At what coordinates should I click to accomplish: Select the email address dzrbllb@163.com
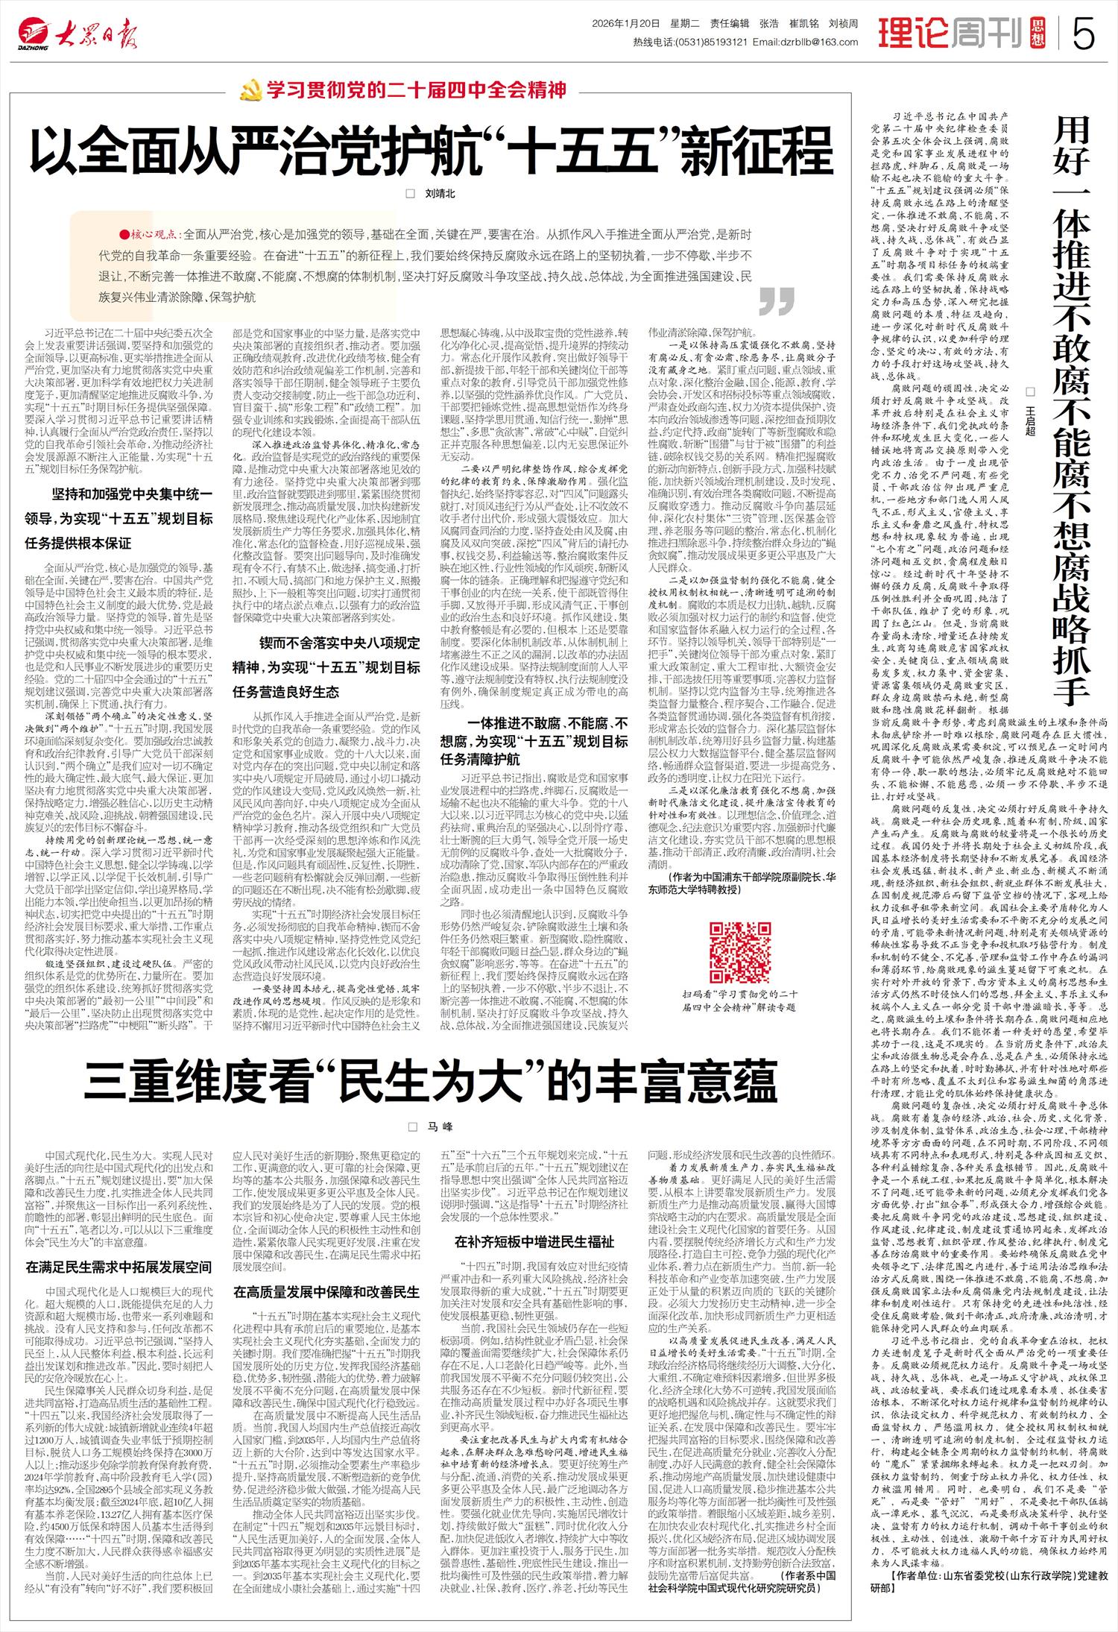pyautogui.click(x=795, y=42)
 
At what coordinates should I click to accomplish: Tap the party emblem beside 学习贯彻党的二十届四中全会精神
pyautogui.click(x=247, y=92)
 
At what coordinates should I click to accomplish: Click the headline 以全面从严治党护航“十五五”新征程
pyautogui.click(x=430, y=151)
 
